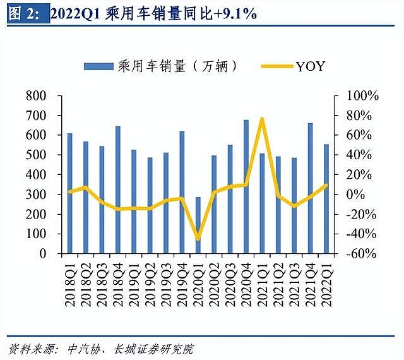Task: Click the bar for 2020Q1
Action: (x=198, y=225)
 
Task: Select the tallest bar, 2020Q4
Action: (x=246, y=186)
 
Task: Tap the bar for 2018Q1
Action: (x=69, y=193)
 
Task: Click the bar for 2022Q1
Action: (x=326, y=199)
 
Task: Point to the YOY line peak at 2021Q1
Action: (x=262, y=119)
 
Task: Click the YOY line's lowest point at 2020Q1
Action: (x=198, y=239)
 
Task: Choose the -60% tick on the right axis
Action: (x=362, y=254)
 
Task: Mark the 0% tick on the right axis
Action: (x=357, y=195)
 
